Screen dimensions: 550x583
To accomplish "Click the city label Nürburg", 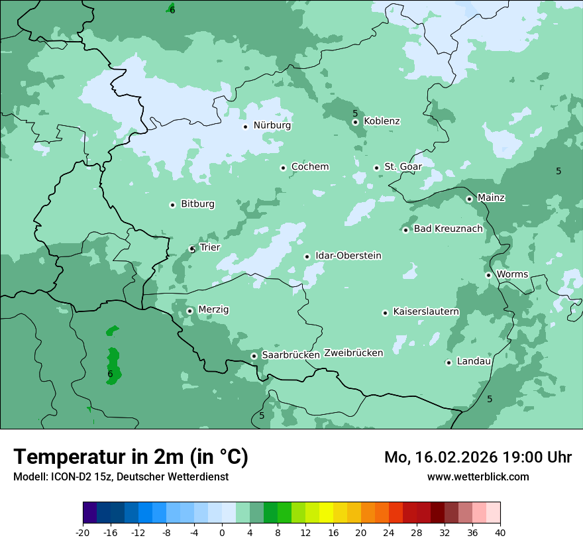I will pos(272,125).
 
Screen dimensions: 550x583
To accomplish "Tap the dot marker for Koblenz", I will pos(355,122).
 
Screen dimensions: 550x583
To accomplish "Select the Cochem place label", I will pos(309,167).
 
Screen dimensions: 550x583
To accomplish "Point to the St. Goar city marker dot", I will pos(376,168).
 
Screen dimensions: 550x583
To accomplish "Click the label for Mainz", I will pos(491,197).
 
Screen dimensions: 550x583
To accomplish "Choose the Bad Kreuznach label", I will pos(448,229).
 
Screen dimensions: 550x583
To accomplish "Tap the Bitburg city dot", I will pos(172,205).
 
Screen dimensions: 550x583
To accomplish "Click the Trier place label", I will pos(209,248).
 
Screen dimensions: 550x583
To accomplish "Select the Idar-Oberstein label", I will pos(348,256).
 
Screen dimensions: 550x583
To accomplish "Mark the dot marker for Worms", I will pos(488,275).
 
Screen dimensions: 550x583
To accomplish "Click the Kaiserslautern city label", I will pos(425,311).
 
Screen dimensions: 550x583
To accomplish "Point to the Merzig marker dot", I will pos(189,311).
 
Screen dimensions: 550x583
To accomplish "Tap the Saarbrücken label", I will pos(290,355).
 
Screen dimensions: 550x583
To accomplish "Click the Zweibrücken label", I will pos(353,353).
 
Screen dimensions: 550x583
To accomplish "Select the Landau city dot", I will pos(449,362).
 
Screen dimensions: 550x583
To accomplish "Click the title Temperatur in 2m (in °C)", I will pos(131,457).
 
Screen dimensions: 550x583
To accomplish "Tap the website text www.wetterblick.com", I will pos(478,477).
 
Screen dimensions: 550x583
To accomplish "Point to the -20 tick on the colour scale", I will pos(83,532).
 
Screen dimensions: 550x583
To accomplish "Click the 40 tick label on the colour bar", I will pos(500,532).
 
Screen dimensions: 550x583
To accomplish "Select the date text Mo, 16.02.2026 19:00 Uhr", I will pos(478,457).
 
